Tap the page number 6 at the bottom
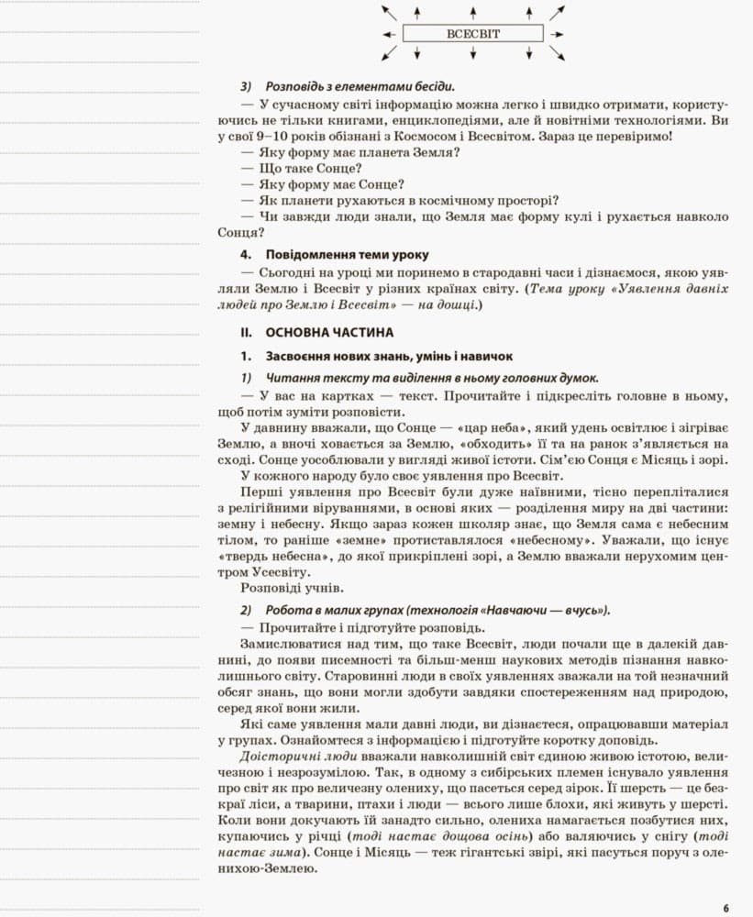[x=725, y=908]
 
